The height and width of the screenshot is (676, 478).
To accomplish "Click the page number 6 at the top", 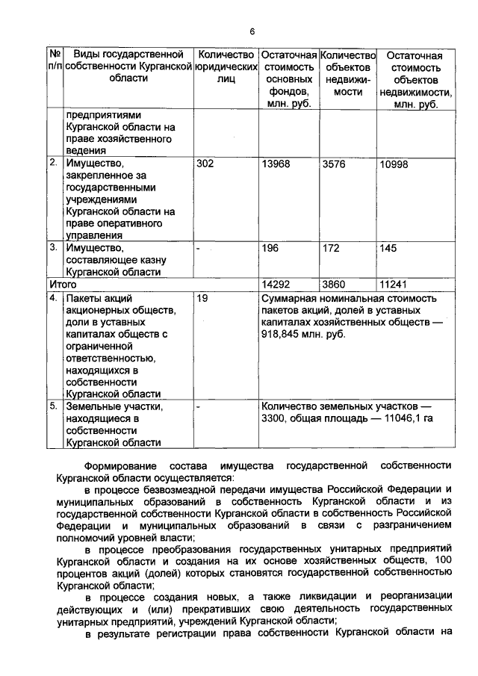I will pyautogui.click(x=252, y=31).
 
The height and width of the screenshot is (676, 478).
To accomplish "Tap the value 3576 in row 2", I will pyautogui.click(x=334, y=164).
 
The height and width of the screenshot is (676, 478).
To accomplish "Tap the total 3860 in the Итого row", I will pyautogui.click(x=334, y=285).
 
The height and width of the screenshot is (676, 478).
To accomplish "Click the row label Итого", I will pyautogui.click(x=63, y=285).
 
